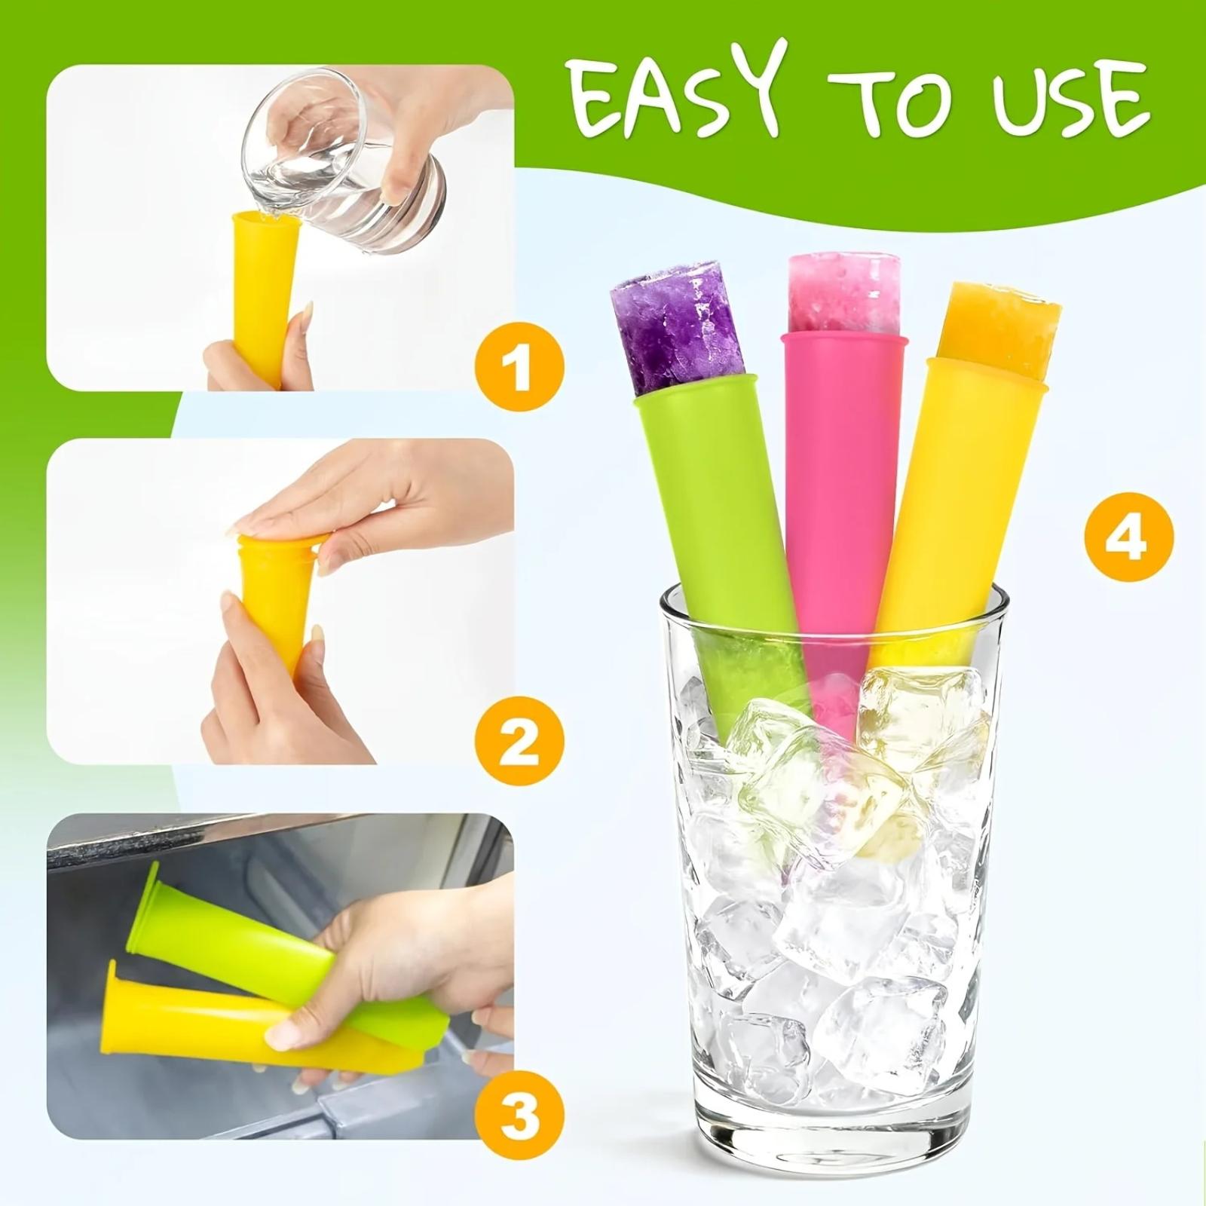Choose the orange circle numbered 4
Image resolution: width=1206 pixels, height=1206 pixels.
1128,537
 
